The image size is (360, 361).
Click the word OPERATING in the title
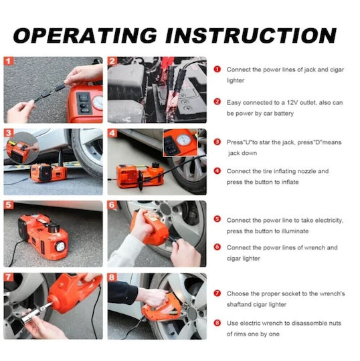tap(85, 35)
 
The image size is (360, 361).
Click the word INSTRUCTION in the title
tap(251, 35)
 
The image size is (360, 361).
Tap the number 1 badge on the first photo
tap(9, 62)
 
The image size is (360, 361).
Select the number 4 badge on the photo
tap(112, 133)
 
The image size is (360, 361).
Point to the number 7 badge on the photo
tap(9, 277)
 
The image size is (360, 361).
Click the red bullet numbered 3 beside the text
tap(217, 142)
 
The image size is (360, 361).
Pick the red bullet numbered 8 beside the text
tap(217, 323)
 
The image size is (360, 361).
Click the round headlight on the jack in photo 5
tap(60, 247)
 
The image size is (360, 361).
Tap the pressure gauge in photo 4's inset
tap(184, 140)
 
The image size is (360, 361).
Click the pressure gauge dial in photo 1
tap(98, 103)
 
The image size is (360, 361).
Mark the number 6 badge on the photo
tap(112, 205)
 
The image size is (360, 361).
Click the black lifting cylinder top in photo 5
tap(54, 227)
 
